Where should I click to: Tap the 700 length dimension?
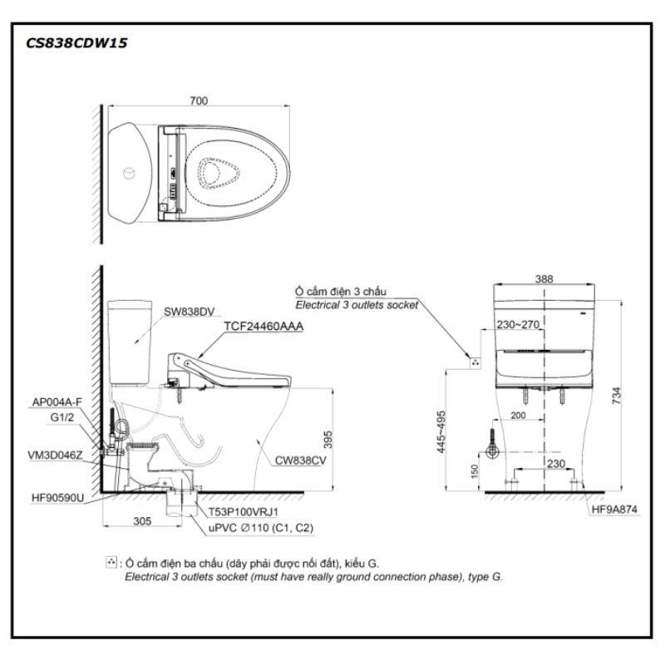coord(198,101)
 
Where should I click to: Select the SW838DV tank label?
coord(189,312)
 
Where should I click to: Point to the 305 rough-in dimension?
coord(141,522)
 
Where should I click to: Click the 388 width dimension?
coord(544,280)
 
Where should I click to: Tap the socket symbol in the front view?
coord(475,362)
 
